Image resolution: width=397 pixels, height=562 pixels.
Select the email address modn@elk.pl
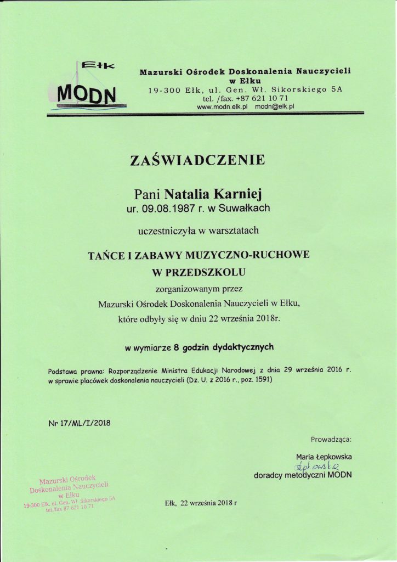point(275,107)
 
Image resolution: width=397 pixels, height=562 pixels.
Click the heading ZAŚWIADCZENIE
point(197,160)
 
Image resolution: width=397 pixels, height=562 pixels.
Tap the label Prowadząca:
point(331,440)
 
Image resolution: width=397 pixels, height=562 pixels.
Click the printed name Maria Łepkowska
point(324,457)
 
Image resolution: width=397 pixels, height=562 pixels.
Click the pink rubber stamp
point(70,492)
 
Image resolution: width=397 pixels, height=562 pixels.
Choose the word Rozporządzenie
point(135,370)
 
